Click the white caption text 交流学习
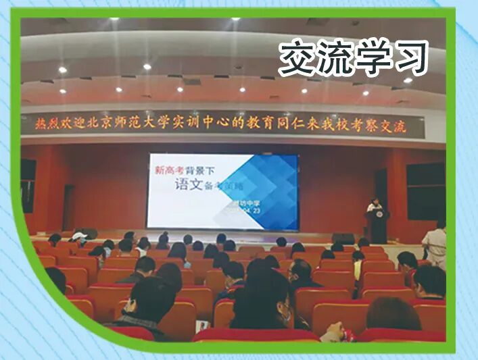[353, 57]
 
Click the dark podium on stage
[379, 226]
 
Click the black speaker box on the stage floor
[343, 238]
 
